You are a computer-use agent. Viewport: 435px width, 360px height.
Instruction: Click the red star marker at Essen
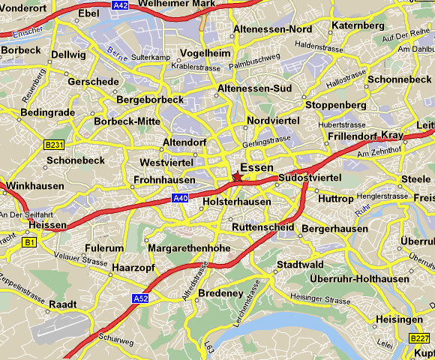(238, 176)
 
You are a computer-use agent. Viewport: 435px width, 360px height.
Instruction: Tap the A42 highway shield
(119, 4)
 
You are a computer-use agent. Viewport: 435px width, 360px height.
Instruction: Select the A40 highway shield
(180, 198)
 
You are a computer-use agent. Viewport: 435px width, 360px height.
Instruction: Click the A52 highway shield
(140, 298)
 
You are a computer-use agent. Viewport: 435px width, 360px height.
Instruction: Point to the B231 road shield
(53, 144)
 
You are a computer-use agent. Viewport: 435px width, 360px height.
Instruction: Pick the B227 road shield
(419, 339)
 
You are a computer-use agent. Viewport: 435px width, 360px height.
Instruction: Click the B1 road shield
(30, 242)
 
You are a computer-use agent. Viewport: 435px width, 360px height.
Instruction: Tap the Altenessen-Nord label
(272, 28)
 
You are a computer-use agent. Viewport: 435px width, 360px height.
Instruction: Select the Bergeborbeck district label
(150, 99)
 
